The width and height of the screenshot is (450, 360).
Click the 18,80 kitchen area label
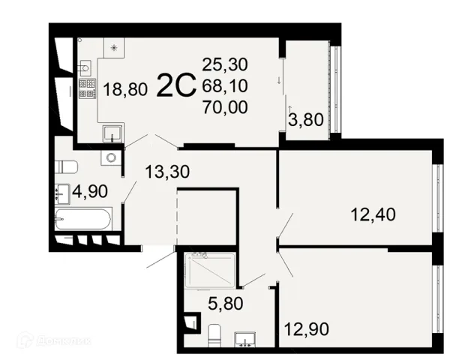point(125,89)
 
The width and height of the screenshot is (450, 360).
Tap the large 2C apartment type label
point(176,85)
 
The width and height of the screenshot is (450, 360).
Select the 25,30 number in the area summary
point(225,64)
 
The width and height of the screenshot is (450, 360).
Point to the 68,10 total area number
point(225,85)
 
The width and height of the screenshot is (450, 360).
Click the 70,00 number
point(225,107)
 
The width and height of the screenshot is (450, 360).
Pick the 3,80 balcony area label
point(306,119)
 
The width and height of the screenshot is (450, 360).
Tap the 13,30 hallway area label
point(167,172)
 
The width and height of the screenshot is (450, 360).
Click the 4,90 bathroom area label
point(90,191)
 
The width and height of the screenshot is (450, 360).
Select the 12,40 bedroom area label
point(373,214)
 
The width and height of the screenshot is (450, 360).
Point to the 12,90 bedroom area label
point(307,329)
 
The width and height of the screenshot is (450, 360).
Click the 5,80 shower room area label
point(226,303)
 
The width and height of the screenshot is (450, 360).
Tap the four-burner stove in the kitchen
point(87,88)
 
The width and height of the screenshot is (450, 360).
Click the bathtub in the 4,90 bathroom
point(83,219)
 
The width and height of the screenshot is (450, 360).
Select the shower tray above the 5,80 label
point(211,271)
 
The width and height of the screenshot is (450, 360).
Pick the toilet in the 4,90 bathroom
point(66,167)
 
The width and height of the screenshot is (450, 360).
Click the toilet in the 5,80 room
point(214,335)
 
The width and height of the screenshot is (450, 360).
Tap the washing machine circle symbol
point(111,157)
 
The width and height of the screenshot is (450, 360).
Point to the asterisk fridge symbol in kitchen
point(114,48)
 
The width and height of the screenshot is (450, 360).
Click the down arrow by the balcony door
point(279,81)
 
